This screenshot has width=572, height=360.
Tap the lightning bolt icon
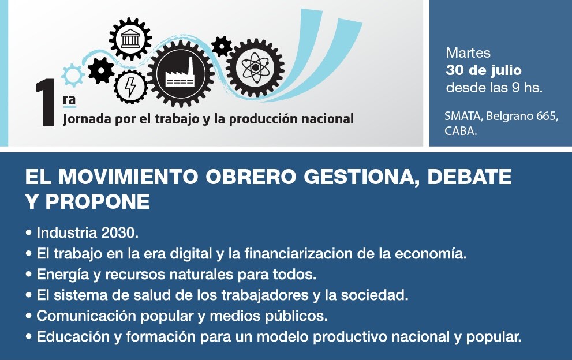pyautogui.click(x=130, y=87)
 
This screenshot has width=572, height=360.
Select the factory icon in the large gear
pyautogui.click(x=180, y=74)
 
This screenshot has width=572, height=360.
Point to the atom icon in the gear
pyautogui.click(x=255, y=68)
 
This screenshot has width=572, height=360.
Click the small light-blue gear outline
pyautogui.click(x=73, y=75)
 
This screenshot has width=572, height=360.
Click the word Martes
pyautogui.click(x=468, y=53)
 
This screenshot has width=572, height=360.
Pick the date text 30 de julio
pyautogui.click(x=483, y=70)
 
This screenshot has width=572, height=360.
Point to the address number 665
pyautogui.click(x=546, y=116)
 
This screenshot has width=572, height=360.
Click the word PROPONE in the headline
pyautogui.click(x=98, y=201)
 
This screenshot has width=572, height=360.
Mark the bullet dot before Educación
pyautogui.click(x=29, y=337)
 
